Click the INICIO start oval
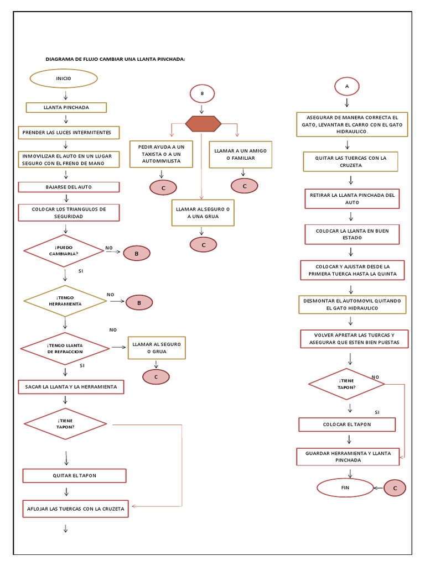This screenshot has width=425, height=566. click(64, 78)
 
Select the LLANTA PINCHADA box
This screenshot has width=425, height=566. click(66, 107)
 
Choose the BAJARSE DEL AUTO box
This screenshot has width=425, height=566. click(70, 187)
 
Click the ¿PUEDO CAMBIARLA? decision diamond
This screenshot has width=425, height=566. click(64, 250)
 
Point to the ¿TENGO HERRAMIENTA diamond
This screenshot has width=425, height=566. click(65, 301)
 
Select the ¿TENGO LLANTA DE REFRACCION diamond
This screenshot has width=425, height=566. click(65, 348)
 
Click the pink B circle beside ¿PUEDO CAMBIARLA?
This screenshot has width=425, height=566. click(137, 254)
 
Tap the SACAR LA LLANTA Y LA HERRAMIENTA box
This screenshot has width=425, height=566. click(70, 387)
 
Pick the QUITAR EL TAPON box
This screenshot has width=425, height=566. click(74, 475)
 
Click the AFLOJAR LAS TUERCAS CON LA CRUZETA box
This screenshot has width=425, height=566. click(75, 508)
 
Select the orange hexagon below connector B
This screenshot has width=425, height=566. click(202, 124)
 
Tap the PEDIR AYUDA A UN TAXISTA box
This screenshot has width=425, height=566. click(161, 154)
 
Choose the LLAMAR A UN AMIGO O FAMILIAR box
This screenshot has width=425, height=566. click(241, 154)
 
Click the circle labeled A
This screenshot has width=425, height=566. click(347, 86)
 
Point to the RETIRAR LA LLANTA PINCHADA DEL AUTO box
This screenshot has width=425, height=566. click(351, 198)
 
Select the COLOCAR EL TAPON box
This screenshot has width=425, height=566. click(347, 424)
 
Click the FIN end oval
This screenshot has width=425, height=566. click(345, 488)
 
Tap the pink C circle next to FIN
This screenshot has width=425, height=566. click(395, 488)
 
